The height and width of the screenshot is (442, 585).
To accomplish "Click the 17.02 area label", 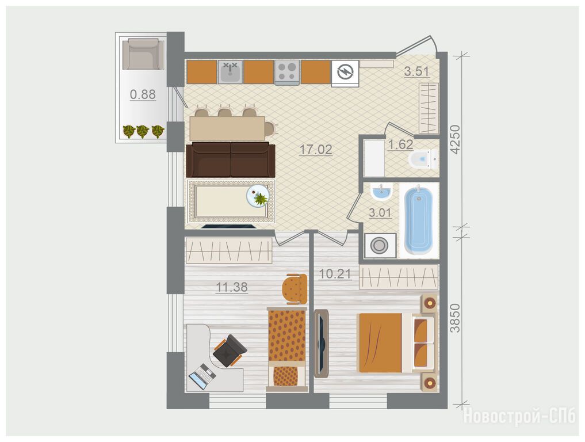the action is coord(316,150).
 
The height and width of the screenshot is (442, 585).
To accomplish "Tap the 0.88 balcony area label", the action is coord(143,94).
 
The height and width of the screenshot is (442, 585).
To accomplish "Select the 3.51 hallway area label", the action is coord(416,71).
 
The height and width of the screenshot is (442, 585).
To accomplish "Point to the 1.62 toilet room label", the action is coord(400,144).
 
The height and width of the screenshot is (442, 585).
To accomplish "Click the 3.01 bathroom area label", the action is coord(380,213).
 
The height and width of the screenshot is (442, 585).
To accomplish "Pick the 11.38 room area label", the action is coord(232,287).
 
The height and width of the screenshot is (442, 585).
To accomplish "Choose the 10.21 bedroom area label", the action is coord(335,274).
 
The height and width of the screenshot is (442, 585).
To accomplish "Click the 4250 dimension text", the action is coord(456,140).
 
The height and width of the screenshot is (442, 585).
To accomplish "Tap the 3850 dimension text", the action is coord(455,318).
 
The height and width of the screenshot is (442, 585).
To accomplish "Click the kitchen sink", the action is coord(230,72).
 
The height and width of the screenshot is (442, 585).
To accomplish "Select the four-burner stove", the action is coord(287,72).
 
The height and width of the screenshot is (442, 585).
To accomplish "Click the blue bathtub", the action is coord(419,220).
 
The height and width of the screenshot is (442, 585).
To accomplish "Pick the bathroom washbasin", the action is coord(382,192).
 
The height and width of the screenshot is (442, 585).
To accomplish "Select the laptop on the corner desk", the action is coord(202,376).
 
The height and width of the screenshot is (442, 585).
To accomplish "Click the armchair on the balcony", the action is coord(143,54).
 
